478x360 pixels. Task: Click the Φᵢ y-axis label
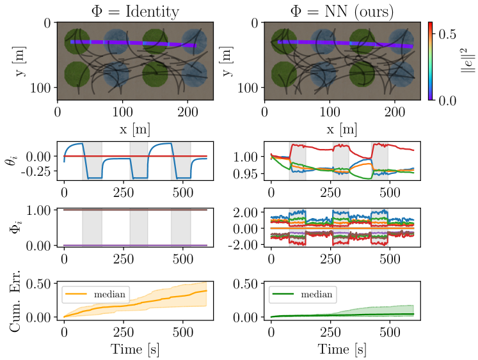point(13,228)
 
